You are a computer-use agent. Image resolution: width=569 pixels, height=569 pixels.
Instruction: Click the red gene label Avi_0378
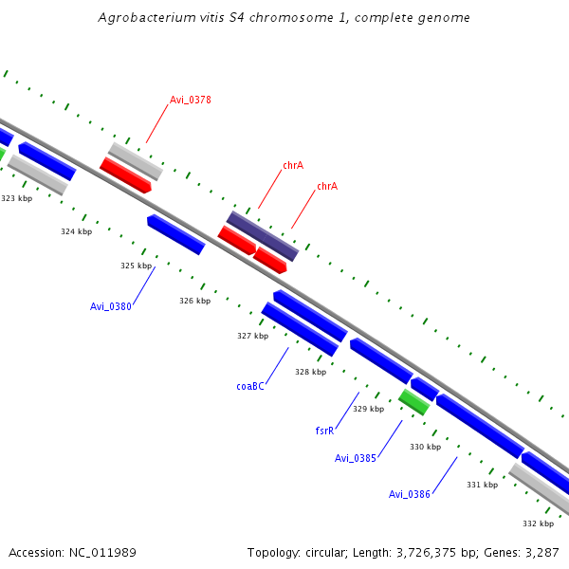click(190, 100)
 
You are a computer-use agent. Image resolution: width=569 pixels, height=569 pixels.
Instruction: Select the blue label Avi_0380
click(110, 306)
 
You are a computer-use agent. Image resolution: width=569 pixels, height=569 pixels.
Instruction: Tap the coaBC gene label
click(250, 386)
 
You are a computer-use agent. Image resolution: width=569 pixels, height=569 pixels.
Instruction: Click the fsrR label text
click(324, 431)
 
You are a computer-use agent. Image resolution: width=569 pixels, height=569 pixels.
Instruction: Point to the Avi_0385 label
click(356, 458)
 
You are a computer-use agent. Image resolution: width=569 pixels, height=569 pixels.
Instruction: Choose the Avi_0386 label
click(410, 494)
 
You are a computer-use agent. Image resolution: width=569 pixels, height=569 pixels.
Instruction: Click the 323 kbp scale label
click(16, 198)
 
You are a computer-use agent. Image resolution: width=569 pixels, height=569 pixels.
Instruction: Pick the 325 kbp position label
click(137, 266)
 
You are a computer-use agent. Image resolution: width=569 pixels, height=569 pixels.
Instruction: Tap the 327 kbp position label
click(252, 336)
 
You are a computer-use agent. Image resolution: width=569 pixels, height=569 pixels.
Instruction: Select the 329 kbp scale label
click(368, 409)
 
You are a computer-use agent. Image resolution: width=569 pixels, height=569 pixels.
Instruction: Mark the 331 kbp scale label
click(482, 485)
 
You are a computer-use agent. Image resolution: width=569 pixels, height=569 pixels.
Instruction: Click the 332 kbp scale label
click(538, 523)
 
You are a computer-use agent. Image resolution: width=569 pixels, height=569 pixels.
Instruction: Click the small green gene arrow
click(414, 401)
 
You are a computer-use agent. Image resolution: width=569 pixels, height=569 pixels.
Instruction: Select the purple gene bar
click(263, 236)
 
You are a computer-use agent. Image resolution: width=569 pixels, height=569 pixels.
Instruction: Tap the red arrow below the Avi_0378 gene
click(125, 175)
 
